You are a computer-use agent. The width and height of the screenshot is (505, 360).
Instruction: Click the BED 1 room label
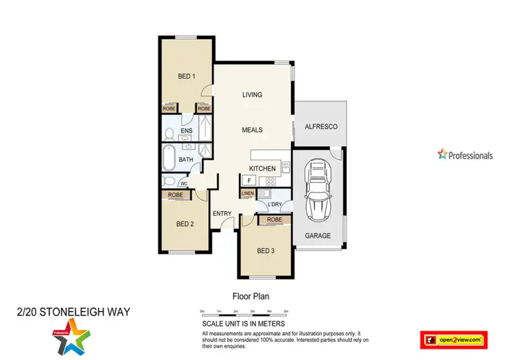point(187,77)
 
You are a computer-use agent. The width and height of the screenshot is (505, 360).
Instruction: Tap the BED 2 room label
point(185,224)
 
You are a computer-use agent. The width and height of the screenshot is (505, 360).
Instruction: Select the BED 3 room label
point(266,251)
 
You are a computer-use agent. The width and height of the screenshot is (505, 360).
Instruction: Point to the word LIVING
point(252,95)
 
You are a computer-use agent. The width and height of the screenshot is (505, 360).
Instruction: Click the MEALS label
point(252,130)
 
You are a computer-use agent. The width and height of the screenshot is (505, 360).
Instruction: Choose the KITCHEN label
point(263,168)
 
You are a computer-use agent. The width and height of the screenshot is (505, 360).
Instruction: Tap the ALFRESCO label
point(321,127)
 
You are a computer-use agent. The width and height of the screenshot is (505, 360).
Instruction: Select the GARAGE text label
point(318,236)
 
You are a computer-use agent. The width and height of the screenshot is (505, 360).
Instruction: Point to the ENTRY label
point(222,214)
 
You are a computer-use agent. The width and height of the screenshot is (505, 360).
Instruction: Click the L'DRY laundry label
point(274,205)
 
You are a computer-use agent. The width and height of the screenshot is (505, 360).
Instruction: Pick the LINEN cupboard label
point(247,194)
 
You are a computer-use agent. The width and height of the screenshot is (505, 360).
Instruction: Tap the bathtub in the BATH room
point(168,159)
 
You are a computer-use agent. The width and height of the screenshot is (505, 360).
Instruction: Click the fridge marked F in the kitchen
point(248,180)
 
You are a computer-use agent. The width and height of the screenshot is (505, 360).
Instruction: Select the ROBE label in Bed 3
point(274,220)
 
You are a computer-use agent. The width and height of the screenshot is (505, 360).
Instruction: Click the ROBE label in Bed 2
point(175,194)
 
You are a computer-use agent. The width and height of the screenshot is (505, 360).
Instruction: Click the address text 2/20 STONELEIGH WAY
point(72,312)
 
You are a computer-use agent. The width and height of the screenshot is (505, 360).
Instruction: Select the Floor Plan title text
point(250,295)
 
